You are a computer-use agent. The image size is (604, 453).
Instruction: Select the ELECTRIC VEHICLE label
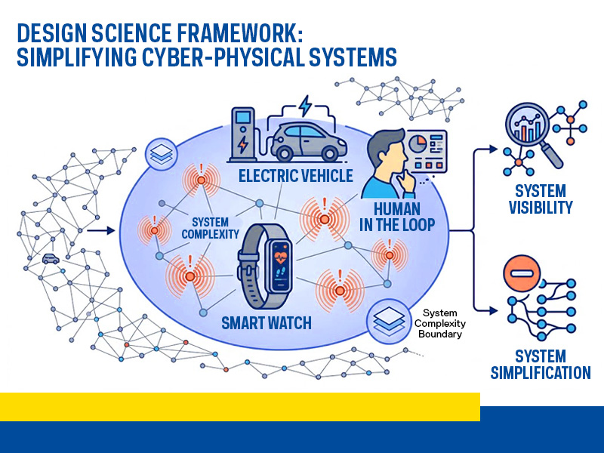(295, 176)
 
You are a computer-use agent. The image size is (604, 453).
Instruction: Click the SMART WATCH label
(267, 323)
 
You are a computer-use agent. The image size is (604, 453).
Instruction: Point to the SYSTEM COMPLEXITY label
(211, 229)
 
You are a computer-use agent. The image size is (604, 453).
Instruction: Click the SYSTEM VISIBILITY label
(541, 199)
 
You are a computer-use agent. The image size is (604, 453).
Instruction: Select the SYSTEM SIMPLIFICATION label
(541, 364)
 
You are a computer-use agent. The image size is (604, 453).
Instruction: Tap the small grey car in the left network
(51, 258)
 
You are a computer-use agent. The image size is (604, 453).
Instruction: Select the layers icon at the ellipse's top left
(162, 152)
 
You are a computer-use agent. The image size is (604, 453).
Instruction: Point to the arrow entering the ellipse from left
(100, 231)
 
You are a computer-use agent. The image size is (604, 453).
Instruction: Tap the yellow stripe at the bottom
(239, 406)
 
